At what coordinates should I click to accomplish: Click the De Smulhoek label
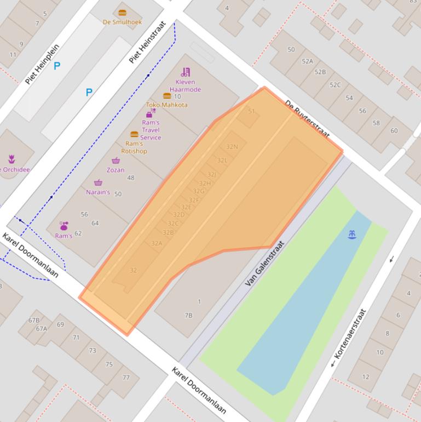tap(122, 22)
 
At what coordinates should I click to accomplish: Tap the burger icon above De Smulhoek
tap(122, 13)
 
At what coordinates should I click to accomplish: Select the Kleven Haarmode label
tap(185, 86)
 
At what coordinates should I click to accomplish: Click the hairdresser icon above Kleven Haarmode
tap(185, 72)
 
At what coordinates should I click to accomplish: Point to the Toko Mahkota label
tap(166, 105)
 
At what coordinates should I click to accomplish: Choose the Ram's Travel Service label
tap(151, 130)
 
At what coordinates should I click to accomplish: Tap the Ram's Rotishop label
tap(134, 147)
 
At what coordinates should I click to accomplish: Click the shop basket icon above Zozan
tap(116, 161)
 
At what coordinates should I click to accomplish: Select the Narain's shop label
tap(98, 192)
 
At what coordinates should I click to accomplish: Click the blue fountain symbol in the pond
tap(352, 235)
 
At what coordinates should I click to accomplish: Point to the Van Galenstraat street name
tap(265, 264)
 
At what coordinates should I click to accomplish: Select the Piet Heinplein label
tap(42, 64)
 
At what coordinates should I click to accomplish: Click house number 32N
tap(232, 147)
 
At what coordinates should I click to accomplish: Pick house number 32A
tap(157, 243)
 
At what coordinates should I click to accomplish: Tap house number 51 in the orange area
tap(251, 111)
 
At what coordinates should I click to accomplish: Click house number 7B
tap(188, 315)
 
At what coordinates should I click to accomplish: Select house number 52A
tap(307, 61)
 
